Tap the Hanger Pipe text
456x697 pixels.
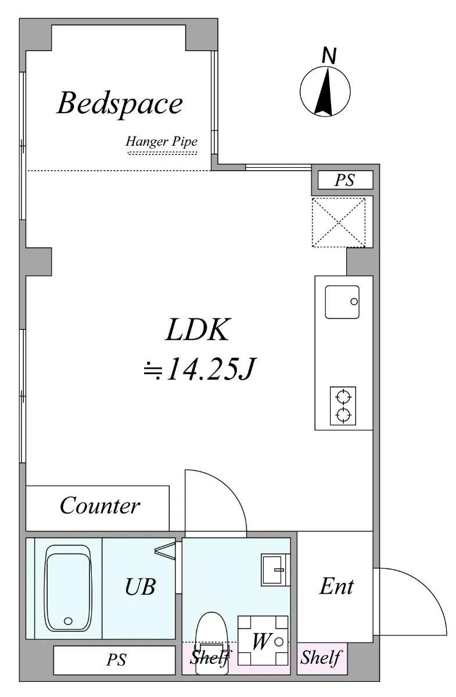[162, 142]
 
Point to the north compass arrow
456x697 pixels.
[325, 91]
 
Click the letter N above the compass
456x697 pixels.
[329, 55]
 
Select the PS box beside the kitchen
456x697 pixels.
[345, 179]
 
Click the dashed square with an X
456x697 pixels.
[338, 222]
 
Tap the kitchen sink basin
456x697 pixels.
[342, 302]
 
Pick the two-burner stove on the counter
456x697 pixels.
[343, 406]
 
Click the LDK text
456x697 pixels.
[198, 330]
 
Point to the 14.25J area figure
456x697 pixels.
[199, 369]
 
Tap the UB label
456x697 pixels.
[141, 587]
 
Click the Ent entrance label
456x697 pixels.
[337, 587]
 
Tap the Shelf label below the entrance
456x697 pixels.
[321, 658]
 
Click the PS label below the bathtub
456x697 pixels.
[116, 660]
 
